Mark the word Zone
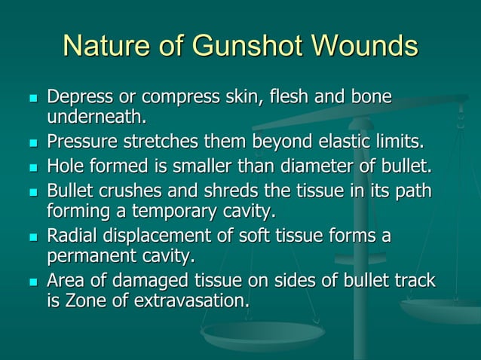[x=83, y=301]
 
